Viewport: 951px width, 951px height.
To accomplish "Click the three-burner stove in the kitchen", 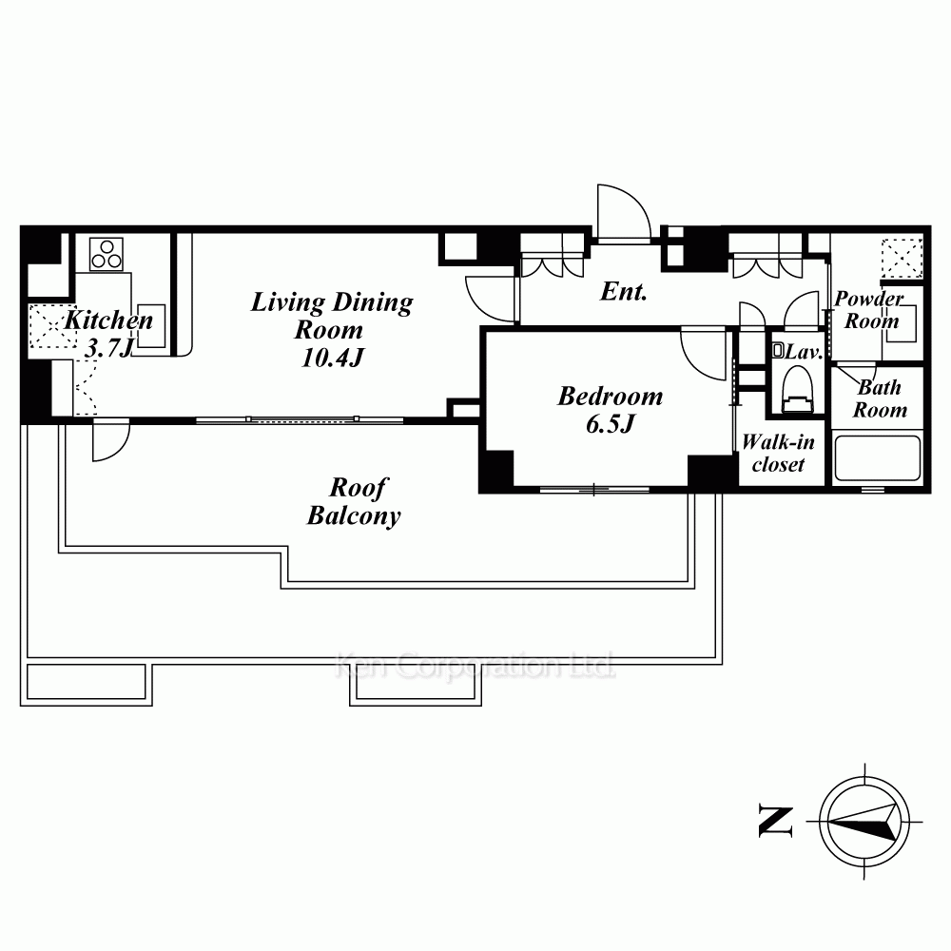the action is (107, 254).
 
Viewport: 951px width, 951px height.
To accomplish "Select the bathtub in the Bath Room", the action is (878, 458).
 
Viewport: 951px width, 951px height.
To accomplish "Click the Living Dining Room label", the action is (331, 329).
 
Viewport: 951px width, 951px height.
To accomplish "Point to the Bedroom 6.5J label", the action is (611, 409).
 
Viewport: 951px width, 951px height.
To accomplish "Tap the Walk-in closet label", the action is (778, 453).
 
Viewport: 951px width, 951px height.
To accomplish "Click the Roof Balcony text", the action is (354, 502).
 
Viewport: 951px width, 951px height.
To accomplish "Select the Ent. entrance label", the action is (624, 292).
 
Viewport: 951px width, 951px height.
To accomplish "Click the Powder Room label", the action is (870, 309).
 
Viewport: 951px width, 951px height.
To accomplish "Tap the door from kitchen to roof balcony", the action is (111, 439).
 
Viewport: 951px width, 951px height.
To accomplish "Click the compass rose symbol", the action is (864, 823).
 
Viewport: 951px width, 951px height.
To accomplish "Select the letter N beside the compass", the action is (776, 822).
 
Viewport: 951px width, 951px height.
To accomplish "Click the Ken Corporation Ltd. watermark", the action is (475, 666).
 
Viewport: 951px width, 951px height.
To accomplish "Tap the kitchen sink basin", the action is (150, 325).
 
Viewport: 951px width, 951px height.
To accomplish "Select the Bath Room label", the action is (880, 398).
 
